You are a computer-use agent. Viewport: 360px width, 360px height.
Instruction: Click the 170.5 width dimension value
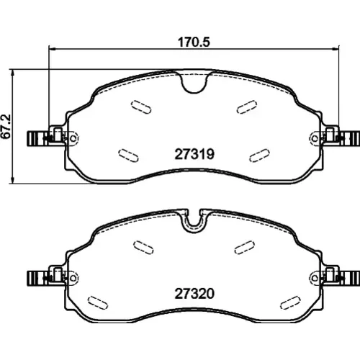194,42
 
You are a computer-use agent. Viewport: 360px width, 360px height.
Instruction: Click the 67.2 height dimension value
6,126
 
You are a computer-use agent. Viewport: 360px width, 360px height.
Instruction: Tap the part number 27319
194,154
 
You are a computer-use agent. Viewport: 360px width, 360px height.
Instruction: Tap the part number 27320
194,294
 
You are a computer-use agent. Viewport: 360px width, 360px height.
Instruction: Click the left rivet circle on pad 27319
74,138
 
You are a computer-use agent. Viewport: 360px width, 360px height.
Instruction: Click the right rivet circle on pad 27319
315,138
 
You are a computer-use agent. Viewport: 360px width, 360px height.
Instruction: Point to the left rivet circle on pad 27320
74,278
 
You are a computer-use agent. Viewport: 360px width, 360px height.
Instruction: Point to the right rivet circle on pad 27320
315,278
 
